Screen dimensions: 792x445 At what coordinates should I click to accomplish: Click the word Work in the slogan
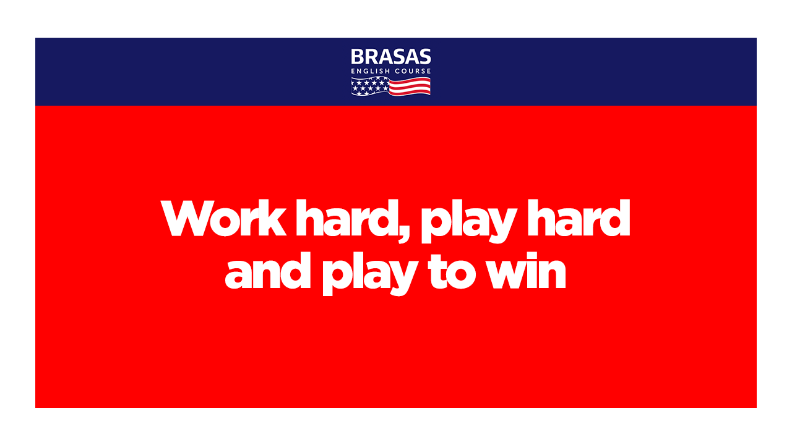tap(223, 218)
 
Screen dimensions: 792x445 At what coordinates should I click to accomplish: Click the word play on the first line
tap(469, 221)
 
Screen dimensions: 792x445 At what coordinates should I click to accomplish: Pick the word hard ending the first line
tap(579, 218)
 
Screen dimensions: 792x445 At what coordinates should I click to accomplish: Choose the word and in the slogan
tap(268, 271)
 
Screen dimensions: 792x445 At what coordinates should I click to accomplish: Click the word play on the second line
tap(370, 274)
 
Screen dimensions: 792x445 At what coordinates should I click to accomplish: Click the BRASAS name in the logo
tap(390, 56)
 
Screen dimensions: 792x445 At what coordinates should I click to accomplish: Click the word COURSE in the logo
tap(413, 71)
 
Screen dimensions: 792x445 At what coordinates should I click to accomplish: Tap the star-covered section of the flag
tap(370, 86)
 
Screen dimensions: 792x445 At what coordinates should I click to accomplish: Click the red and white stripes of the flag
tap(410, 87)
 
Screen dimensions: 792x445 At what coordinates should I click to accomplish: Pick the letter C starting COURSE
tap(398, 71)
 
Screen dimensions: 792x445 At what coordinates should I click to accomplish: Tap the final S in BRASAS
tap(424, 57)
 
